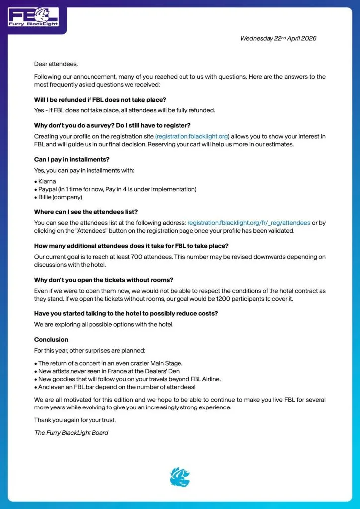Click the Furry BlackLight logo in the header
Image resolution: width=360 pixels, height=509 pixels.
(x=33, y=16)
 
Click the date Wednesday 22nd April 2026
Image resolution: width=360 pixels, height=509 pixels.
(x=278, y=38)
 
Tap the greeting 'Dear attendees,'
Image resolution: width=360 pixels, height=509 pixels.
(x=56, y=64)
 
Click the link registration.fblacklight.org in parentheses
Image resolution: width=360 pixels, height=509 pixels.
(x=192, y=136)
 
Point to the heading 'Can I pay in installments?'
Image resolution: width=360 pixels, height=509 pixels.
(x=72, y=159)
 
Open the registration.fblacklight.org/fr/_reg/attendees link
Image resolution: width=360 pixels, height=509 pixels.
(x=249, y=223)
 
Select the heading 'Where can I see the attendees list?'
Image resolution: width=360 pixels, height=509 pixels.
(x=86, y=212)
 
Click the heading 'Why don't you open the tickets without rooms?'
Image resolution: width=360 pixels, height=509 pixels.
(x=103, y=280)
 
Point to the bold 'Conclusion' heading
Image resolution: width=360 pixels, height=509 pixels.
(x=51, y=339)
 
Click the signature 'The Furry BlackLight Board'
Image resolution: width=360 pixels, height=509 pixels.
(x=71, y=432)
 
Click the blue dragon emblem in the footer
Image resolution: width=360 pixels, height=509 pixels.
(x=180, y=477)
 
